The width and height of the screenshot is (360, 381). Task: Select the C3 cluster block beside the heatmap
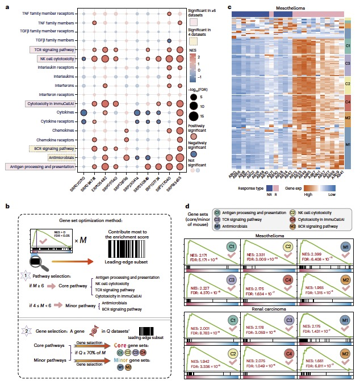[348, 63]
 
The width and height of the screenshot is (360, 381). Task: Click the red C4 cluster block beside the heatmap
[348, 101]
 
